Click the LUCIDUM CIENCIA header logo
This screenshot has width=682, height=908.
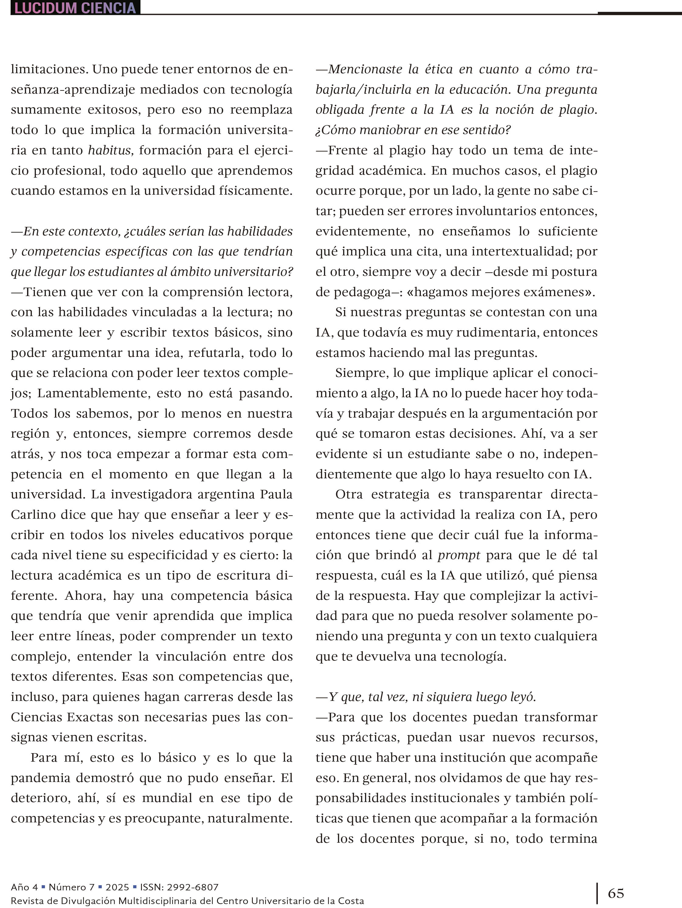(75, 8)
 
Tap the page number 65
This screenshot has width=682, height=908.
(616, 893)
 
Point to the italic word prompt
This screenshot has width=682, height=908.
(459, 555)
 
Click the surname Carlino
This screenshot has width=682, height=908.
(33, 515)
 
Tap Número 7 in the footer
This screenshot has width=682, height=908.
(71, 887)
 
